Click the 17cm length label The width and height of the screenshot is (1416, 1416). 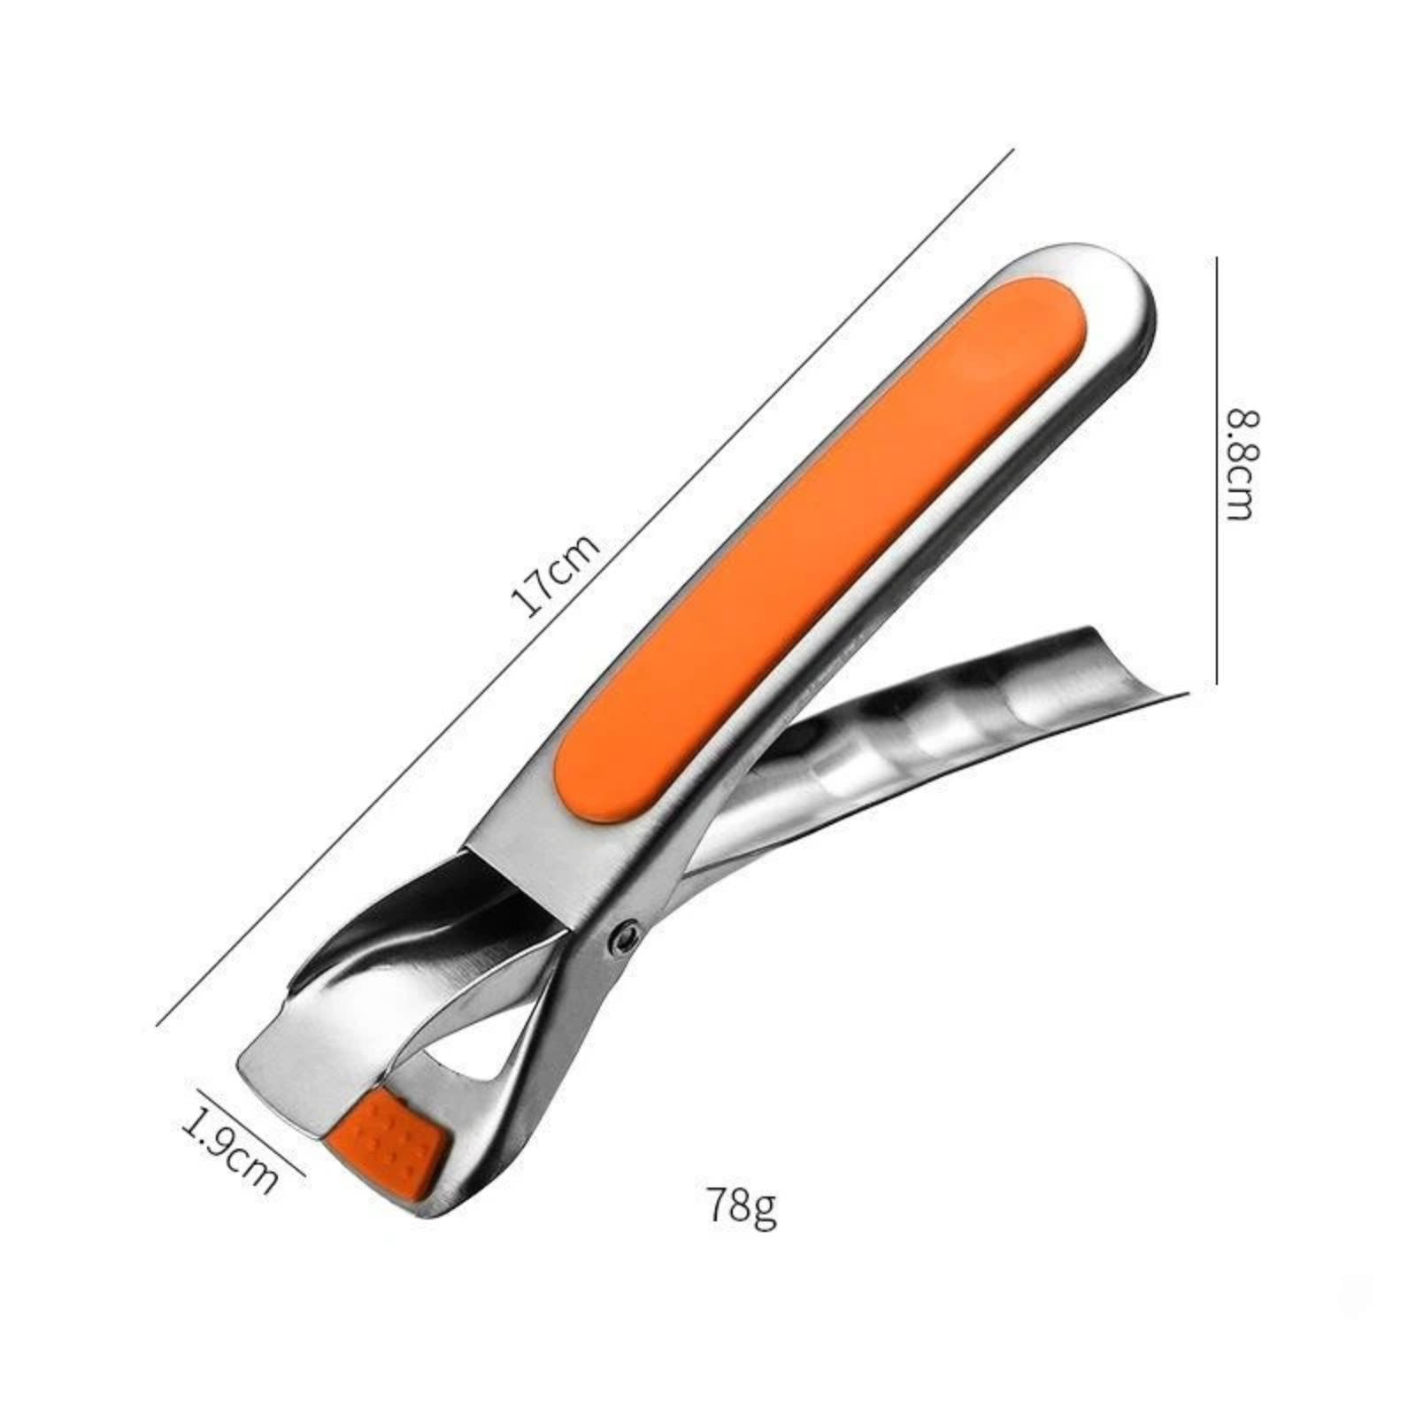[x=556, y=573]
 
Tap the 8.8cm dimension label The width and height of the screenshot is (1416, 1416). [x=1238, y=464]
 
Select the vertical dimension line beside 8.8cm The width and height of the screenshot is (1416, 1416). [x=1217, y=469]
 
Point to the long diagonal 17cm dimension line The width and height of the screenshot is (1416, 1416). [x=584, y=588]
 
